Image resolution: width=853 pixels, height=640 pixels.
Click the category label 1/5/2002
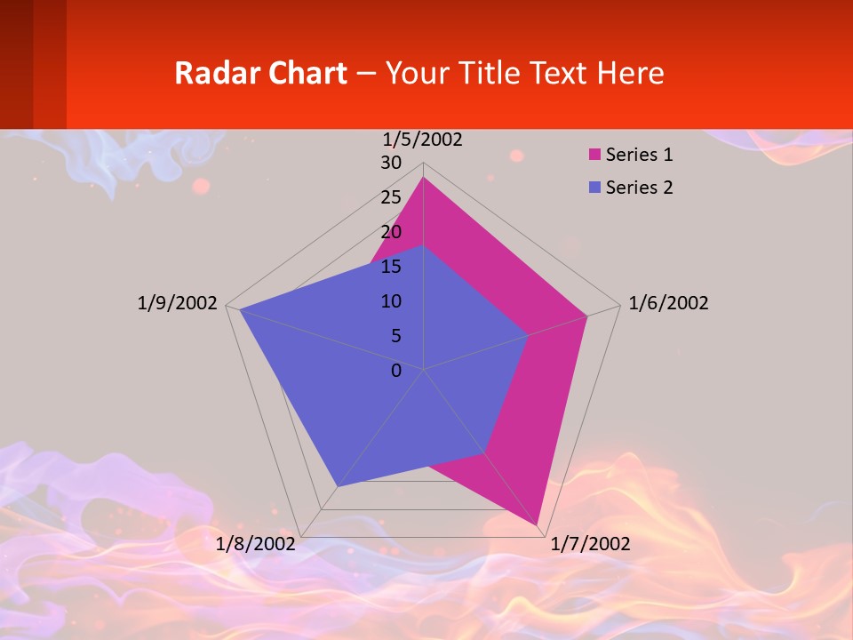coord(422,140)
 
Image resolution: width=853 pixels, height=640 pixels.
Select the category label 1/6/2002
coord(668,303)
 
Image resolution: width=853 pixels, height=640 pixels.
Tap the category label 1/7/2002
coord(590,543)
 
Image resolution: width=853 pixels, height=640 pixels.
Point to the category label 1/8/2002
coord(255,543)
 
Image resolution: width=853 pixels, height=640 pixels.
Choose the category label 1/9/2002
coord(177,303)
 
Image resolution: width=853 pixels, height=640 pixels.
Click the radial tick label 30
coord(391,163)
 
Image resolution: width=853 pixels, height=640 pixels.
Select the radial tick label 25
coord(391,197)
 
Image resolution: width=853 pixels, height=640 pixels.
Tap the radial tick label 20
coord(391,232)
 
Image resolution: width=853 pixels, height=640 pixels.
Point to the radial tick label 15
coord(391,267)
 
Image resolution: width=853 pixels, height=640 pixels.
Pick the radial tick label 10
coord(391,301)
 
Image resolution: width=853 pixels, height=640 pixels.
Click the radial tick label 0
coord(396,371)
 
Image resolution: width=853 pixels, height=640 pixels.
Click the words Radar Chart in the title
coord(260,73)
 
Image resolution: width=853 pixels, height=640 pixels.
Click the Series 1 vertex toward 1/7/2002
coord(538,525)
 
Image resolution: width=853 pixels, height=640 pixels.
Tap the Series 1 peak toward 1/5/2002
coord(423,178)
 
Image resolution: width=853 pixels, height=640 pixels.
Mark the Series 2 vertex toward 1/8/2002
coord(338,486)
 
